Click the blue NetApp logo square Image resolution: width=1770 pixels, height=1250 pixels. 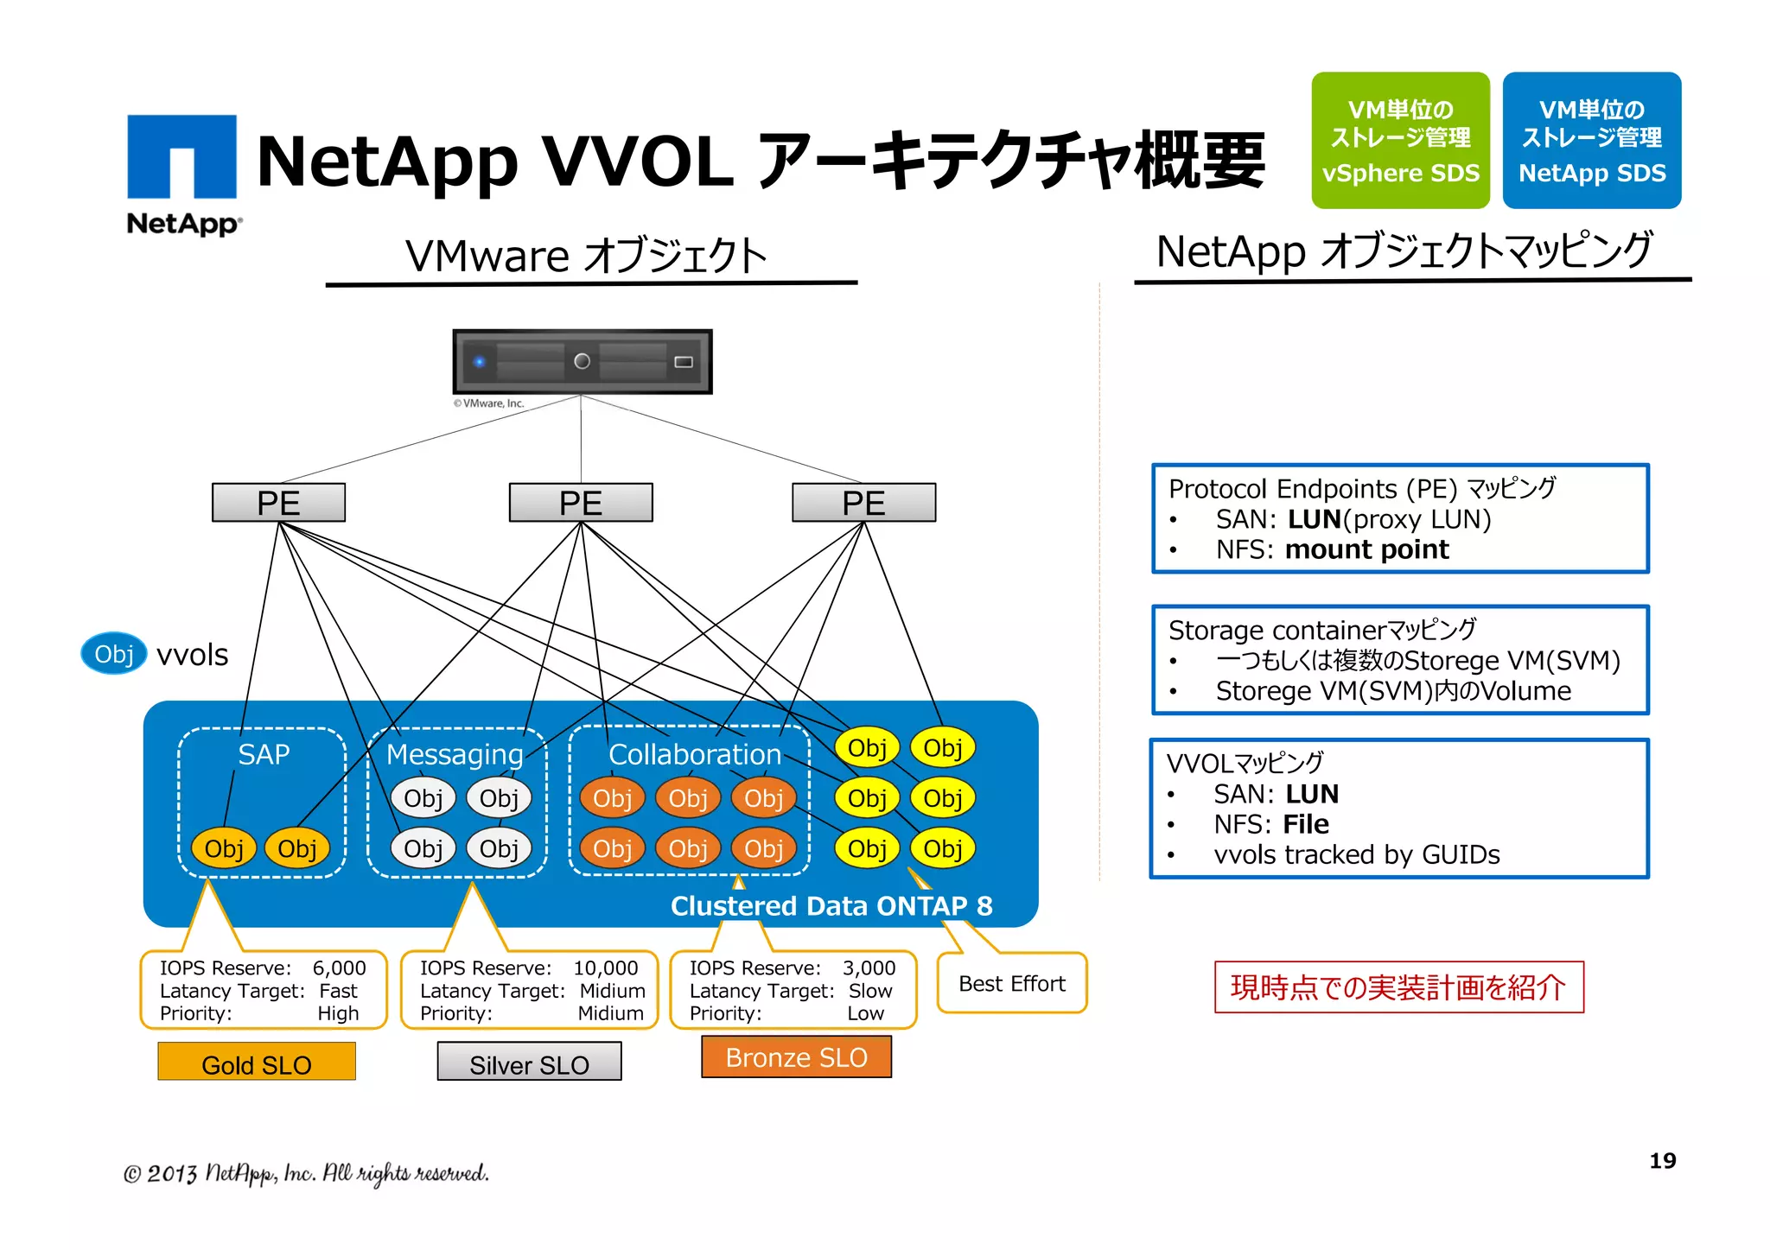pyautogui.click(x=181, y=156)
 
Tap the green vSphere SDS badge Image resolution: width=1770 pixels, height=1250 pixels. pyautogui.click(x=1399, y=140)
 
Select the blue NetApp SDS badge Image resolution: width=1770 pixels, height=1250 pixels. pyautogui.click(x=1591, y=140)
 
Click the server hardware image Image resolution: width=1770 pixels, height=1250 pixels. pyautogui.click(x=582, y=361)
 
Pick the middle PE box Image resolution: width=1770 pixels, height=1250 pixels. pyautogui.click(x=580, y=503)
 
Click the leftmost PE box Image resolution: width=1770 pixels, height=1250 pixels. pyautogui.click(x=278, y=503)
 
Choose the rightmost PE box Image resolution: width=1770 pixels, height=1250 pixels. pyautogui.click(x=863, y=503)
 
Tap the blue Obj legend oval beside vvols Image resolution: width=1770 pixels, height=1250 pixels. pyautogui.click(x=114, y=654)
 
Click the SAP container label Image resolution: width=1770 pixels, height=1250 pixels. pyautogui.click(x=264, y=754)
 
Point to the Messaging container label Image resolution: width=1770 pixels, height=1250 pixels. pyautogui.click(x=455, y=754)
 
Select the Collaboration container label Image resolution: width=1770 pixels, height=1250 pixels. pyautogui.click(x=694, y=754)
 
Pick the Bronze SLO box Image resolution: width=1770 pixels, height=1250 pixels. pyautogui.click(x=796, y=1057)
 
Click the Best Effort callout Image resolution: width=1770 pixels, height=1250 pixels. pyautogui.click(x=1012, y=983)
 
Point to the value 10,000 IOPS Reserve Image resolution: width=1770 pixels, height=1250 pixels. pyautogui.click(x=605, y=968)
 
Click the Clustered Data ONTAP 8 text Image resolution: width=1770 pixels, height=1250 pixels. pyautogui.click(x=831, y=905)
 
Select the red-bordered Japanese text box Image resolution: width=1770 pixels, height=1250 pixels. pyautogui.click(x=1398, y=987)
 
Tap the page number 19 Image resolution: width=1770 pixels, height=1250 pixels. pyautogui.click(x=1662, y=1160)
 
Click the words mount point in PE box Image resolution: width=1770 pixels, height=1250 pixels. pyautogui.click(x=1366, y=549)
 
